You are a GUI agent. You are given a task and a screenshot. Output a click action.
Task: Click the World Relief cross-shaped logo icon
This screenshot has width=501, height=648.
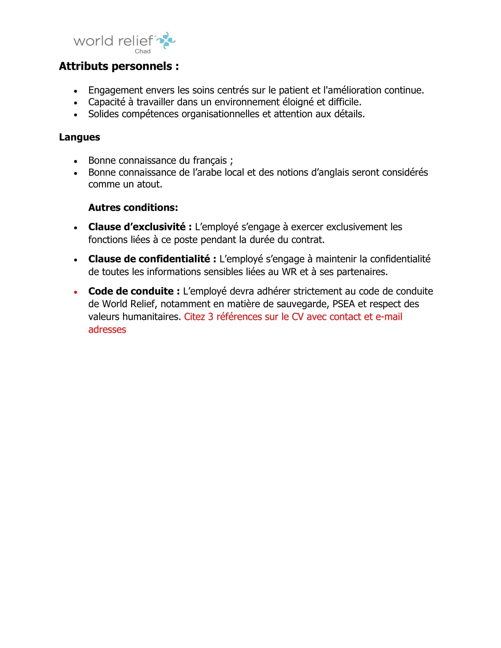pyautogui.click(x=166, y=40)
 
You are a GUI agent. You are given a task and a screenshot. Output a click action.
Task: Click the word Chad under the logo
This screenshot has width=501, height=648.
pyautogui.click(x=142, y=51)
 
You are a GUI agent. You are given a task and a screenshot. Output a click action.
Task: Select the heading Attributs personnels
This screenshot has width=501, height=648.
pyautogui.click(x=119, y=66)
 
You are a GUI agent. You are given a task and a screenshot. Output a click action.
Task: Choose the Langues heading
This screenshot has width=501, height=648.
pyautogui.click(x=80, y=137)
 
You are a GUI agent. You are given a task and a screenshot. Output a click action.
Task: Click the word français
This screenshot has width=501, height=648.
pyautogui.click(x=210, y=161)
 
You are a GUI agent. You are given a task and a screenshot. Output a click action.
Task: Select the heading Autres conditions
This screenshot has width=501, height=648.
pyautogui.click(x=133, y=207)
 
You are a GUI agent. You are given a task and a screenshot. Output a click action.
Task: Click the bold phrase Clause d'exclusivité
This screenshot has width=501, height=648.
pyautogui.click(x=140, y=227)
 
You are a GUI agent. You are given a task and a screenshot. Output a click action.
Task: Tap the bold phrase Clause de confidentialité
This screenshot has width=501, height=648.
pyautogui.click(x=152, y=259)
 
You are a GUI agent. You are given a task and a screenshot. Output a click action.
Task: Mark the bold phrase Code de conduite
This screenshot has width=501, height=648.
pyautogui.click(x=134, y=291)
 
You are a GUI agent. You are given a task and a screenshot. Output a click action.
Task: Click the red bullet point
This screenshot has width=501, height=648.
pyautogui.click(x=76, y=292)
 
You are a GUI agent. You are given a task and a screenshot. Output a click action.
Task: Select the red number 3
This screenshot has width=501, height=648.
pyautogui.click(x=210, y=317)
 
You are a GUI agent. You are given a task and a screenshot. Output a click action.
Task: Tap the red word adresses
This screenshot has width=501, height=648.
pyautogui.click(x=107, y=330)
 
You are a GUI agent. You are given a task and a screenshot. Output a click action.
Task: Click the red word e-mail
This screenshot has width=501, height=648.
pyautogui.click(x=389, y=317)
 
